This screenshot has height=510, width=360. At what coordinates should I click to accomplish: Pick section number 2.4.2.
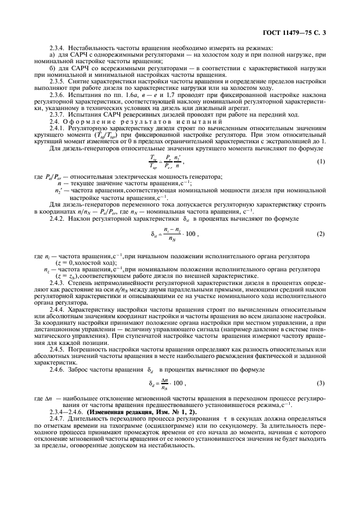[x=57, y=218]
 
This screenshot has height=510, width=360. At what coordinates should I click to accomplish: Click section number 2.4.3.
[x=57, y=283]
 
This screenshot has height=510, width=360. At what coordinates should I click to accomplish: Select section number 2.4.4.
[x=57, y=308]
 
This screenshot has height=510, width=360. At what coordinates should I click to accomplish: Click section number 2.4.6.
[x=57, y=369]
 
